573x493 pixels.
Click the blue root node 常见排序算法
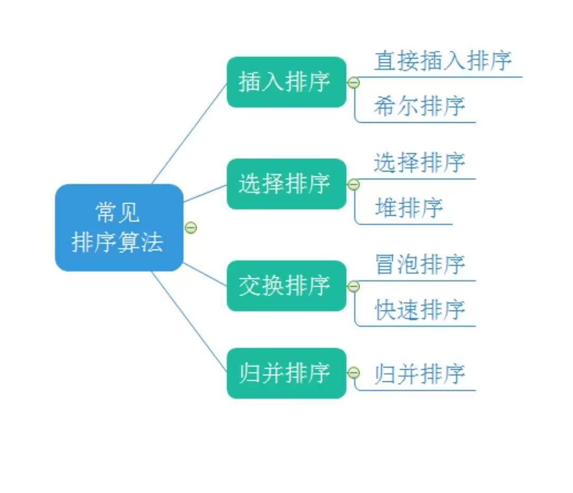[x=119, y=228]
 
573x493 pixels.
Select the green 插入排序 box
[x=286, y=82]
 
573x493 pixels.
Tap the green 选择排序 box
[x=286, y=184]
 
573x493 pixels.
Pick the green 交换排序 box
[x=286, y=286]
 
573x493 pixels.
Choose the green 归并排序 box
[x=286, y=373]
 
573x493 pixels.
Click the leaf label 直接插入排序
[x=443, y=61]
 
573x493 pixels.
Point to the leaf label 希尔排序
[x=419, y=106]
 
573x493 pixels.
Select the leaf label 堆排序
[x=409, y=208]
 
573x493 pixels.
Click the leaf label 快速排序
[x=419, y=310]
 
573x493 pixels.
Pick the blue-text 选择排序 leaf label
[x=419, y=162]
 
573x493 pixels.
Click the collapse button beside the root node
[x=191, y=227]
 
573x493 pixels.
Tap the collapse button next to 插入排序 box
[x=354, y=83]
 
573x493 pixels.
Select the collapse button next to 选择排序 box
[x=354, y=185]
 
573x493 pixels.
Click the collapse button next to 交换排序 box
[x=354, y=286]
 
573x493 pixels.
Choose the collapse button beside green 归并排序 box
[x=354, y=373]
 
